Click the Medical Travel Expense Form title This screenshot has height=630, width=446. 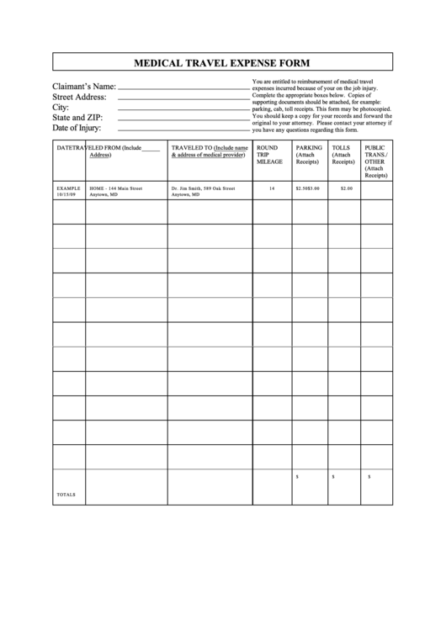(x=223, y=62)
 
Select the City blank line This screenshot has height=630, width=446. (x=183, y=109)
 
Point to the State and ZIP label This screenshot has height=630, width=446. (x=77, y=118)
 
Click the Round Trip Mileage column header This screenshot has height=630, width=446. (x=270, y=154)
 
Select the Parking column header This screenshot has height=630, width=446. (x=309, y=154)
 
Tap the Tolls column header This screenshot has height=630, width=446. (x=343, y=154)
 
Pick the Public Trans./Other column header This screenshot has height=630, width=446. (x=375, y=161)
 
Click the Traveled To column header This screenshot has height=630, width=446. (x=209, y=151)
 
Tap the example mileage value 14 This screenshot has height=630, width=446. (x=272, y=188)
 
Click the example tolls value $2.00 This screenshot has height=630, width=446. (x=346, y=188)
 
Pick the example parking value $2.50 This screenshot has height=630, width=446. (x=302, y=188)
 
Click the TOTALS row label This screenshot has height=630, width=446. (x=66, y=494)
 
